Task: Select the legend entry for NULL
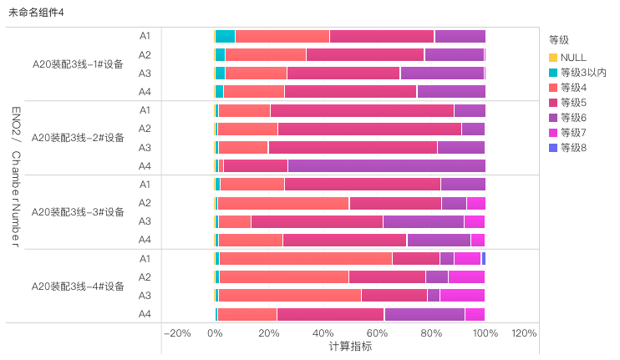click(573, 57)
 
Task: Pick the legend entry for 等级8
click(573, 148)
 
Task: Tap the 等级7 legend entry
click(573, 133)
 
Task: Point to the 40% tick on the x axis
click(323, 333)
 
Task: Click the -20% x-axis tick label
click(178, 333)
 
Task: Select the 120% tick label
click(523, 333)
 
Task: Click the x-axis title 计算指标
click(350, 346)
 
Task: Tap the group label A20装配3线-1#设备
click(78, 63)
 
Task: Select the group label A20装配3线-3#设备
click(78, 212)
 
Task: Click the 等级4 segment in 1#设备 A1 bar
click(282, 36)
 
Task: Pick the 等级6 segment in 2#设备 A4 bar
click(386, 165)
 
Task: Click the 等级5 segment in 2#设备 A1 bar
click(362, 110)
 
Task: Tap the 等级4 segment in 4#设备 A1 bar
click(306, 258)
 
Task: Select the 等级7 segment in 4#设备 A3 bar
click(462, 295)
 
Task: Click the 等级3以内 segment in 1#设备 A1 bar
click(226, 36)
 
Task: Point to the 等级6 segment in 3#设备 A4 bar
click(439, 241)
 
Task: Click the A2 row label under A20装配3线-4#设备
click(145, 276)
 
